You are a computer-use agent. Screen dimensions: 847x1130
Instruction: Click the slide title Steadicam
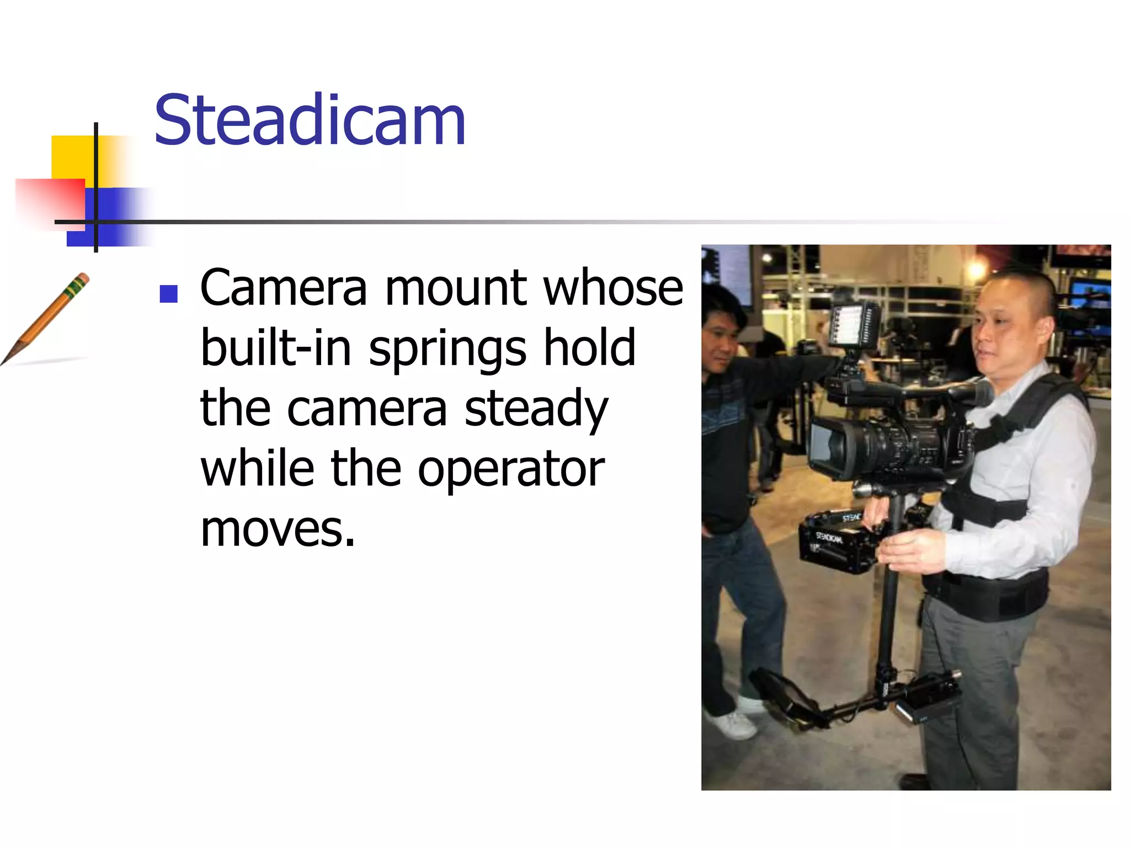[310, 120]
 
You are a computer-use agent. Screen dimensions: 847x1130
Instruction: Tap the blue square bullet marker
[168, 294]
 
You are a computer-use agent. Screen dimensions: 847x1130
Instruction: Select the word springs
[447, 349]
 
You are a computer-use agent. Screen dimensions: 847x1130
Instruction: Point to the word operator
[511, 470]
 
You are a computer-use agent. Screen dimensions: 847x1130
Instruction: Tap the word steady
[536, 409]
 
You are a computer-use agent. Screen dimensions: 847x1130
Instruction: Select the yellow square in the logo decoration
[72, 157]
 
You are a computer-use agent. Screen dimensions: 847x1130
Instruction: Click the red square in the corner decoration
[50, 201]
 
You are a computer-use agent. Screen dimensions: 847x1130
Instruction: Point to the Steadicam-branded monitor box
[836, 543]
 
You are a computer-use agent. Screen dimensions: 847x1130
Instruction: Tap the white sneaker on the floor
[734, 725]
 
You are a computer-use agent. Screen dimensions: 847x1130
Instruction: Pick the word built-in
[276, 349]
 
